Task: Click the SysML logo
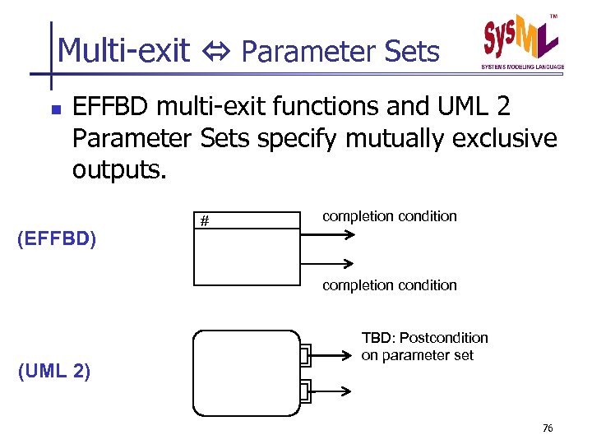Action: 520,43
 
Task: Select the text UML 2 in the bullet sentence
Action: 490,107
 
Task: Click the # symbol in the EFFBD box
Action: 206,221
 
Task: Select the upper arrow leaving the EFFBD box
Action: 328,234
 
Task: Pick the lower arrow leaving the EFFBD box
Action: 328,263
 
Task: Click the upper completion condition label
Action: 389,216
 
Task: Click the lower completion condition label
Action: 389,285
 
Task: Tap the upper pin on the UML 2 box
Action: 305,356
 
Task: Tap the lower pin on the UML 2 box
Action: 305,391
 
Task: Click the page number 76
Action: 548,428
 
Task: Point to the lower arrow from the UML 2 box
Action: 333,391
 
